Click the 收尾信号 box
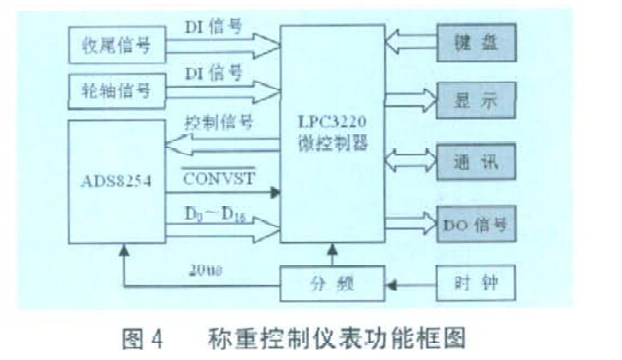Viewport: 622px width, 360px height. tap(117, 44)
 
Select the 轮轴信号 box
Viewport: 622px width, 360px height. tap(117, 89)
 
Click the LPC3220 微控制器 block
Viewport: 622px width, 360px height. tap(335, 137)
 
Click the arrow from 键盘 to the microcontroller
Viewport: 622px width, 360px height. tap(412, 39)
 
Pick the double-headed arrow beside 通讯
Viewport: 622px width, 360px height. tap(412, 160)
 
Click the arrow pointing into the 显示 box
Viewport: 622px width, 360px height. tap(412, 101)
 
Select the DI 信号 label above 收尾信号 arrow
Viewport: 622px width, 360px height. tap(214, 27)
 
